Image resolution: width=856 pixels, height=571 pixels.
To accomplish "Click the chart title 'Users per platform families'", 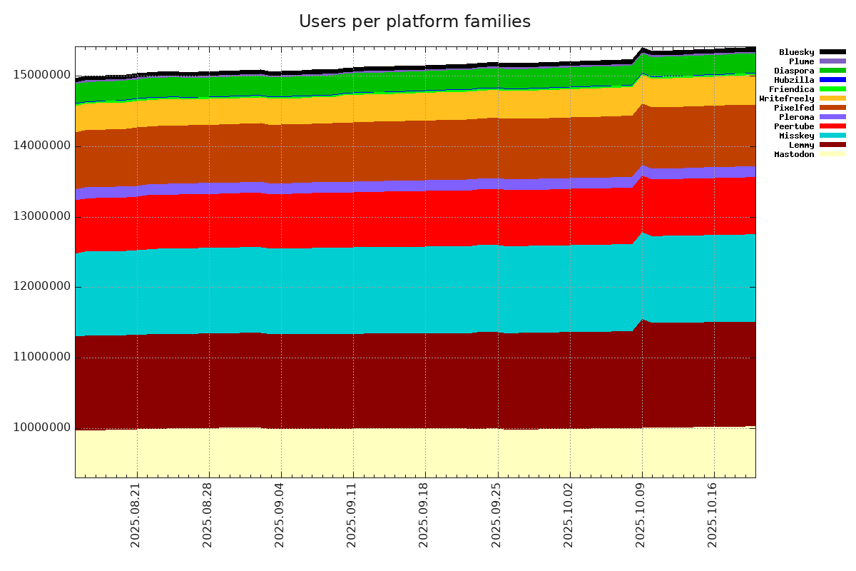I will (x=414, y=22).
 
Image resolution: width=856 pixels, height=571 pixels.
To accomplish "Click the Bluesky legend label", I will (x=796, y=52).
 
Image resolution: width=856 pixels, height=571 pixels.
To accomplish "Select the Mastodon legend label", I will (x=794, y=154).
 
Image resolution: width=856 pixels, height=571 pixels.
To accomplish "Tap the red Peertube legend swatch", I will (x=832, y=126).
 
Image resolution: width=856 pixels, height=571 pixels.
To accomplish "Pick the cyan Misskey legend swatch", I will (x=832, y=136).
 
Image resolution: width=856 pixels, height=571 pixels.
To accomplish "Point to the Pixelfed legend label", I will (x=794, y=108).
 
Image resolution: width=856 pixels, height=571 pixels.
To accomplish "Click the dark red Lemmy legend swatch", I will (x=832, y=145).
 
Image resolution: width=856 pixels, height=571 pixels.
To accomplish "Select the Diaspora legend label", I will (x=794, y=71).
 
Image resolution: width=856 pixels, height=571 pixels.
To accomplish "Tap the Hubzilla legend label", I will (x=794, y=80).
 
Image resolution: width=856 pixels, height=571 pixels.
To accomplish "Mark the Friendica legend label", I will (x=791, y=89).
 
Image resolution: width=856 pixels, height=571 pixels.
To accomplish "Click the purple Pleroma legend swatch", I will (x=832, y=117).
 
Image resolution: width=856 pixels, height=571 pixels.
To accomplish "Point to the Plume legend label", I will (x=802, y=61).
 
